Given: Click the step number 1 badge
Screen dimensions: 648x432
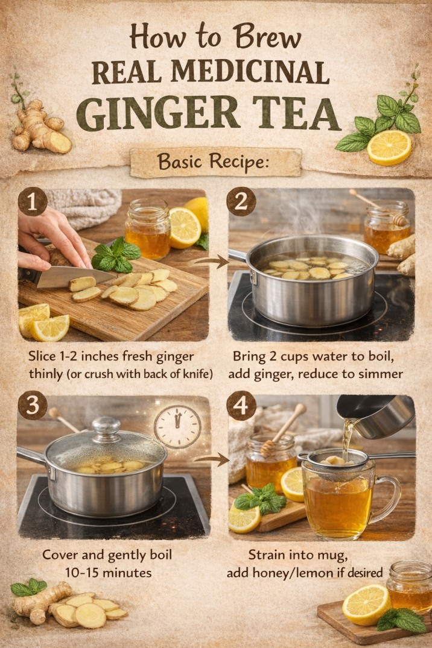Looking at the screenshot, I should [32, 203].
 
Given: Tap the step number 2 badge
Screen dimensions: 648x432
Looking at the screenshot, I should [240, 203].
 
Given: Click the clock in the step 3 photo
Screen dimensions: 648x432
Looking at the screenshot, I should [177, 427].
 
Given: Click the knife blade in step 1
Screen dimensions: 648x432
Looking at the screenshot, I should [66, 277].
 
